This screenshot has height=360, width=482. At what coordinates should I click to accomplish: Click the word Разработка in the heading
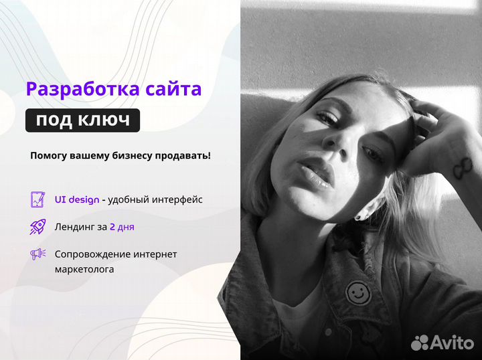[x=74, y=89]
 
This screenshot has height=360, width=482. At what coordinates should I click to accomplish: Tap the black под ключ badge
[x=82, y=120]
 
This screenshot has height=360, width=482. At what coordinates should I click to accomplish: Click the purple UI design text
[x=76, y=199]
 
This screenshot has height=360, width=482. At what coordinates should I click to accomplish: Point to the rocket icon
[x=37, y=227]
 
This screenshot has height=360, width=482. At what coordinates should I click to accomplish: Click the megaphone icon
[x=37, y=254]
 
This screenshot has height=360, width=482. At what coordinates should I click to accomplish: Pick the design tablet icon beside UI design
[x=37, y=199]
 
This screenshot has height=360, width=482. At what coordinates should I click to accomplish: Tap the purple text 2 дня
[x=122, y=227]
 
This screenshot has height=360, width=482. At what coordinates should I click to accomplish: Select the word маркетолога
[x=84, y=270]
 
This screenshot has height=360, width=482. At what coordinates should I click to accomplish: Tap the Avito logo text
[x=453, y=343]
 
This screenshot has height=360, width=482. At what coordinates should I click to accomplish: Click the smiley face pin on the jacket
[x=357, y=292]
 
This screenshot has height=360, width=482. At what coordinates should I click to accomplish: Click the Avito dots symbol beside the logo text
[x=420, y=343]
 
